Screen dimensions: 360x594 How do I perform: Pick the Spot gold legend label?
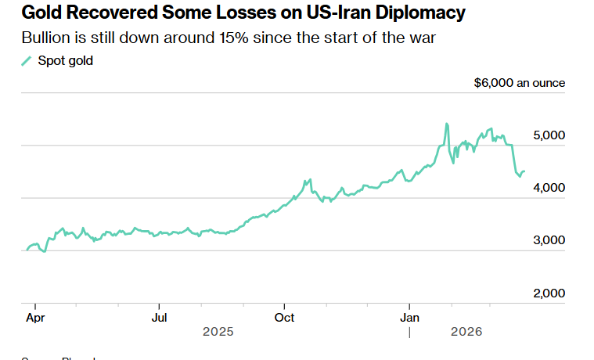coord(65,61)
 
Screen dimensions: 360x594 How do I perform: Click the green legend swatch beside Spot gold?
coord(27,61)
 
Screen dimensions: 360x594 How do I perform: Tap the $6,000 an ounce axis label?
coord(519,83)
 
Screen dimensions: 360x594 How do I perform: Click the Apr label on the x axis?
coord(35,318)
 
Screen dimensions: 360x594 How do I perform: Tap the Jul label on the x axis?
coord(159,318)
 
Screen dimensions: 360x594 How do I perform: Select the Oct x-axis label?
coord(284,318)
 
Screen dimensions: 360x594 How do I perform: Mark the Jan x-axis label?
coord(410,318)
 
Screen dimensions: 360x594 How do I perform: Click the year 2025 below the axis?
coord(218,332)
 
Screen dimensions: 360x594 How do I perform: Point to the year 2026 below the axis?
coord(467,332)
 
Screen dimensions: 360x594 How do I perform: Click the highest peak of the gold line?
coord(446,124)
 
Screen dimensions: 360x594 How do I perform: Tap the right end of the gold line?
coord(524,171)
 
